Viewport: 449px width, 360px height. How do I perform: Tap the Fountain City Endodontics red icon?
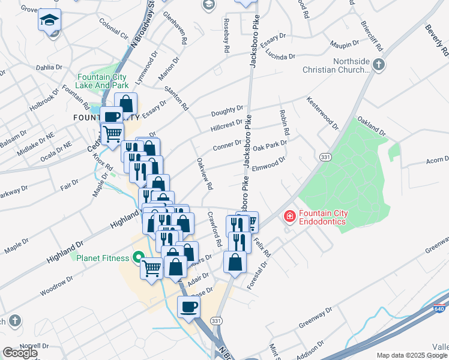pos(289,215)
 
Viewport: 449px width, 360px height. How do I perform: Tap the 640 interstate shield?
pos(440,310)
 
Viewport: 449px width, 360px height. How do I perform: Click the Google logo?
pos(20,353)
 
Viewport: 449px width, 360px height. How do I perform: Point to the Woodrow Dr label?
pos(56,280)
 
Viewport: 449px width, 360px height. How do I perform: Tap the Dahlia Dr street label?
pos(50,67)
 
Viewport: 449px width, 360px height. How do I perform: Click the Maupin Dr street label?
pos(344,44)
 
